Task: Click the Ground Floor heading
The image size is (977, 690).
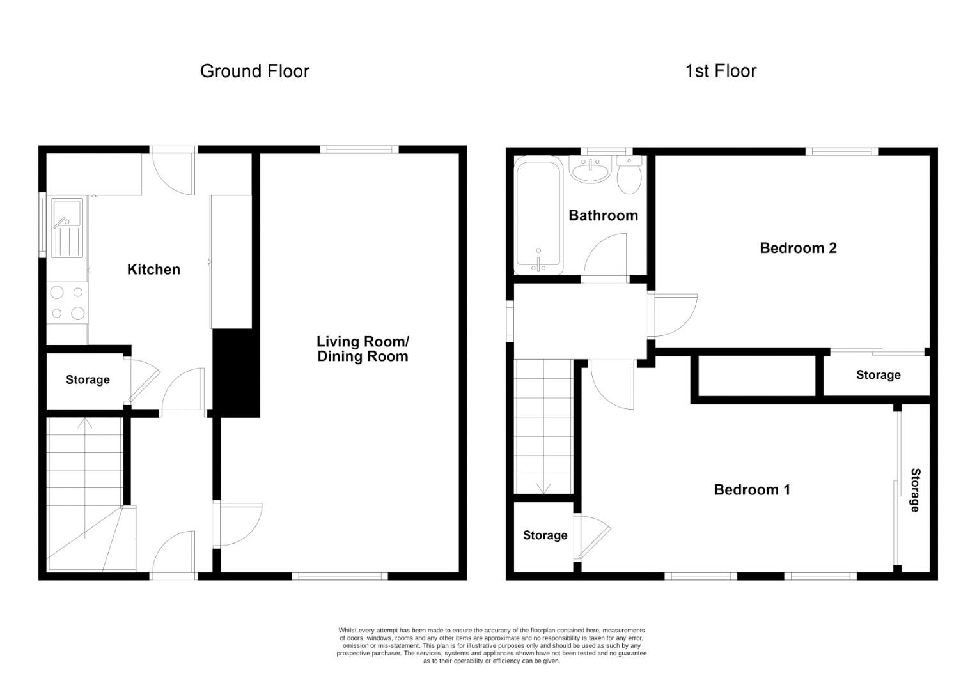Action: [254, 71]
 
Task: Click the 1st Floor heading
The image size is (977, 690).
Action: [721, 71]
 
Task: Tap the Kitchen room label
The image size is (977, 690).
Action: [153, 270]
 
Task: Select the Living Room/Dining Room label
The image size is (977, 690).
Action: [363, 349]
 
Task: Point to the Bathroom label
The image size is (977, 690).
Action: [603, 216]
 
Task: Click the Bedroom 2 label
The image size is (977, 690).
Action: [798, 248]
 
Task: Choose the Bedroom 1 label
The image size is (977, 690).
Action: [752, 490]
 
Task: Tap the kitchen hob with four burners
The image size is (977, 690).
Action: [68, 303]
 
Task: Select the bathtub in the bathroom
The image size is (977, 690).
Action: [539, 216]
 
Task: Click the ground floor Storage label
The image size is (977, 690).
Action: [88, 380]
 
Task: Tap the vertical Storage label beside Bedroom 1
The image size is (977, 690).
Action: [915, 490]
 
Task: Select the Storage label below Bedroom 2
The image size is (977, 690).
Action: [878, 375]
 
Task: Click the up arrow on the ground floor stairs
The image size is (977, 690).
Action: [84, 423]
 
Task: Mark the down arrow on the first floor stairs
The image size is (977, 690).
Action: [543, 488]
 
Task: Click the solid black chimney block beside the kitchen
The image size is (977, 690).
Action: [235, 372]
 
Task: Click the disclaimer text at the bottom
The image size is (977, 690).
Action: [491, 645]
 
